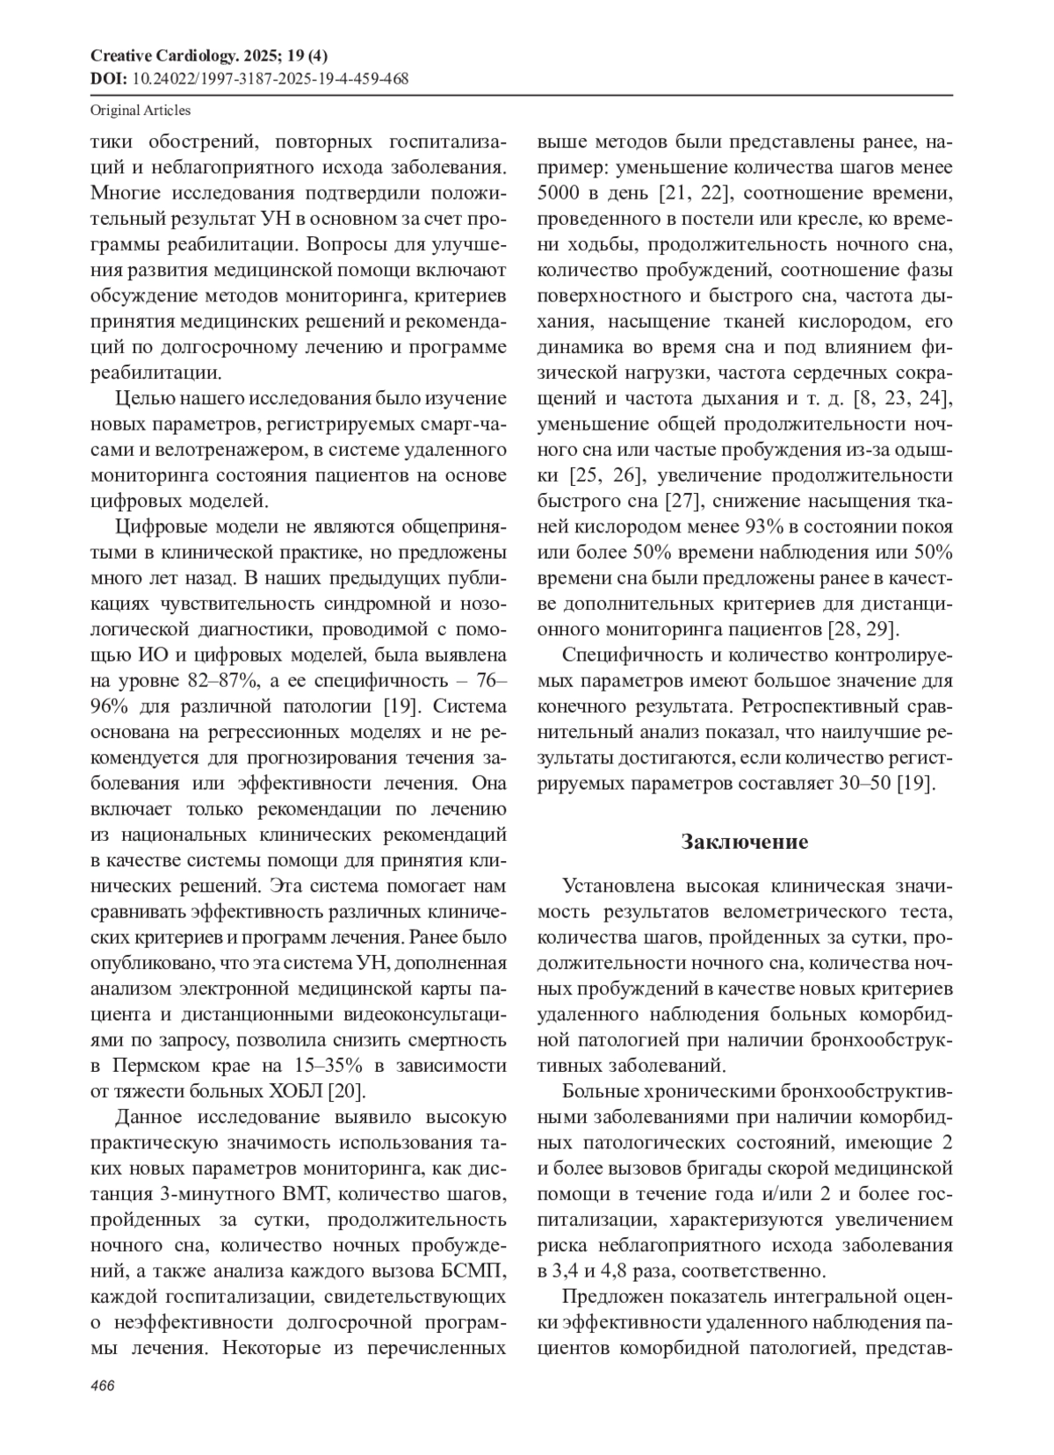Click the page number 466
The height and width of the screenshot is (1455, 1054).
(x=103, y=1386)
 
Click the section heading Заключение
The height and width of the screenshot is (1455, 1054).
(x=744, y=842)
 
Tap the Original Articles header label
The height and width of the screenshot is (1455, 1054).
(x=141, y=111)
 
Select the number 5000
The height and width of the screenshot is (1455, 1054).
(x=559, y=192)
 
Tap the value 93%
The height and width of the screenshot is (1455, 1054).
(x=767, y=526)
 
